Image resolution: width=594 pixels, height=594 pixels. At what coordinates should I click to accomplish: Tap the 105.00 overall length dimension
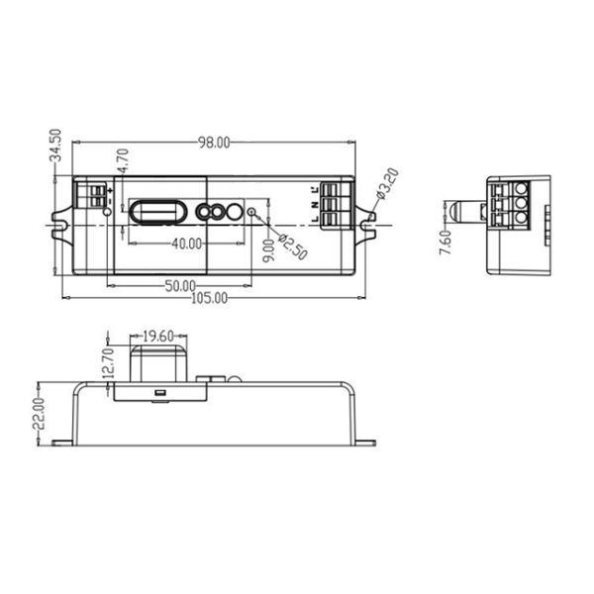pyautogui.click(x=208, y=297)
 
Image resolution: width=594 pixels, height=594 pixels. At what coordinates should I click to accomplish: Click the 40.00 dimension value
pyautogui.click(x=186, y=243)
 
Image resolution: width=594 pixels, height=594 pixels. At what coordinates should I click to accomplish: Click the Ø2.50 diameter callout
pyautogui.click(x=294, y=247)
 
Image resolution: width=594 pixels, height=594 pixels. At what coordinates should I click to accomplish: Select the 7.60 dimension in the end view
pyautogui.click(x=445, y=242)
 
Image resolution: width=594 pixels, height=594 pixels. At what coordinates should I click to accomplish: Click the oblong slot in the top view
pyautogui.click(x=157, y=212)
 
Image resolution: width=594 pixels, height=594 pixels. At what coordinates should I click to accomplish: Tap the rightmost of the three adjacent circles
pyautogui.click(x=235, y=211)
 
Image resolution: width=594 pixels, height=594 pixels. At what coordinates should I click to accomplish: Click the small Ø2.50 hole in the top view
pyautogui.click(x=251, y=211)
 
